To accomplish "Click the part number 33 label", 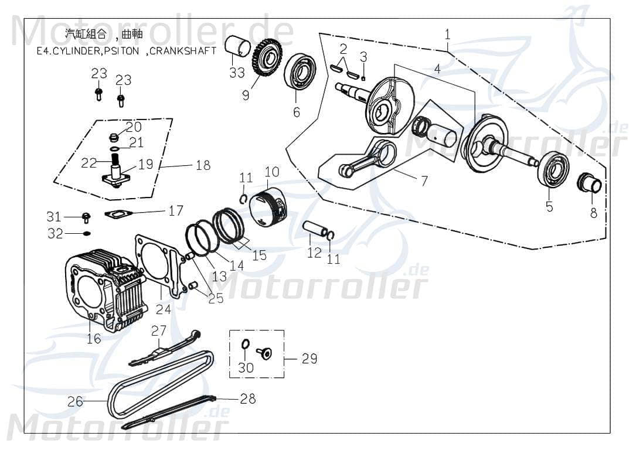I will pyautogui.click(x=237, y=73).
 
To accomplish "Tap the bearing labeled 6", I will pyautogui.click(x=300, y=74).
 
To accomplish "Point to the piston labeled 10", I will pyautogui.click(x=270, y=206).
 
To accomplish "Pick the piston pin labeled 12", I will pyautogui.click(x=315, y=229).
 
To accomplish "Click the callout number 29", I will pyautogui.click(x=309, y=358).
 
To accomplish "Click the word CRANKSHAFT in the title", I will pyautogui.click(x=183, y=50).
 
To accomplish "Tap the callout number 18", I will pyautogui.click(x=202, y=166).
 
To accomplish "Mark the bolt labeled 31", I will pyautogui.click(x=86, y=217).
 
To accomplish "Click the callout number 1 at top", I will pyautogui.click(x=447, y=35).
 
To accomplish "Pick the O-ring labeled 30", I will pyautogui.click(x=246, y=345).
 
